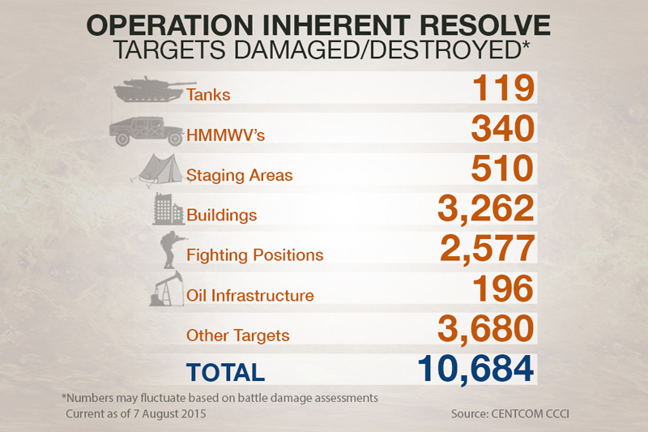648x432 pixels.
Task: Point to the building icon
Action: click(x=168, y=209)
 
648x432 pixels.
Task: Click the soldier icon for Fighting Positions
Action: click(x=168, y=250)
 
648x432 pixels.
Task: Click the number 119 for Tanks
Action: click(x=497, y=88)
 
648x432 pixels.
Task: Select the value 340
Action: click(x=497, y=127)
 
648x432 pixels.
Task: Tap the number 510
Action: click(x=497, y=168)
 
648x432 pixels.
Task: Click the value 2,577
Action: click(x=487, y=248)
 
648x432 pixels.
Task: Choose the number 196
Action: click(x=497, y=289)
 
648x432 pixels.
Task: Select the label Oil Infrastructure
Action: click(x=249, y=296)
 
